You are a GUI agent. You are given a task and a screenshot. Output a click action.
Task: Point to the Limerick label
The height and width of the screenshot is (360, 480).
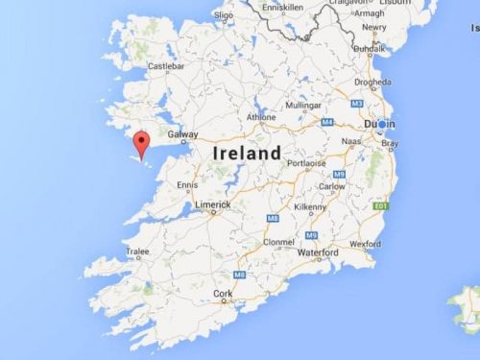(212, 204)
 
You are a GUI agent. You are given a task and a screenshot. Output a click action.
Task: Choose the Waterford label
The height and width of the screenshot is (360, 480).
(317, 252)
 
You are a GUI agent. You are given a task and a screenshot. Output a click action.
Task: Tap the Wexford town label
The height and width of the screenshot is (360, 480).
(366, 244)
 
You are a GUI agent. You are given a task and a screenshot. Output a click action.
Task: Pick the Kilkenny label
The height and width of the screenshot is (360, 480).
(310, 206)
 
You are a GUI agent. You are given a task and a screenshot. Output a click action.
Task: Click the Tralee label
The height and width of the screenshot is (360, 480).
(137, 252)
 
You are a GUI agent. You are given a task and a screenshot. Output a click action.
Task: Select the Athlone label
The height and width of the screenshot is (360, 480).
(262, 117)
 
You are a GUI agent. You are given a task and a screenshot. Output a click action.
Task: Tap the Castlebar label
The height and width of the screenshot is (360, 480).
(165, 66)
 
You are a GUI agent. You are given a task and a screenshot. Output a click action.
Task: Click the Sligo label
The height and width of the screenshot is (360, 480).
(223, 15)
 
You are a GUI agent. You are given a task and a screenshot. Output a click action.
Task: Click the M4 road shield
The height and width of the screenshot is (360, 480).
(325, 122)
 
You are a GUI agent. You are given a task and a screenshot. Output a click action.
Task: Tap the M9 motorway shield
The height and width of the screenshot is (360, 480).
(310, 235)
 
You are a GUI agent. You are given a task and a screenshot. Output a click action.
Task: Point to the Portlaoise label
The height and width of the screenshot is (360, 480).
(304, 162)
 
